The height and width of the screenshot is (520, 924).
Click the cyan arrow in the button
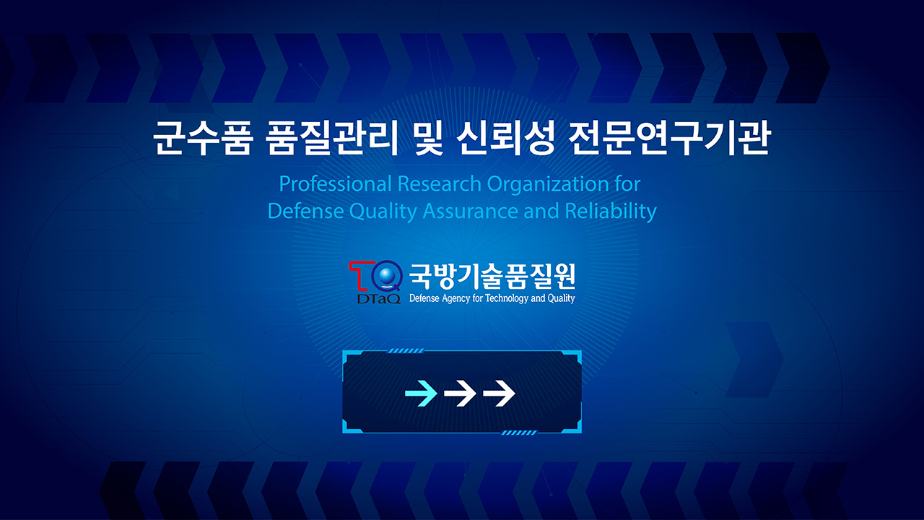pyautogui.click(x=421, y=394)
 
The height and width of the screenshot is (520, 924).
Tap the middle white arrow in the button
pyautogui.click(x=460, y=394)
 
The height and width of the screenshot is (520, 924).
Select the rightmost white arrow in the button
pyautogui.click(x=499, y=394)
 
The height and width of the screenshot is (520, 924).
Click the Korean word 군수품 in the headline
pyautogui.click(x=203, y=138)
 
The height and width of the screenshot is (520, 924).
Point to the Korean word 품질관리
pyautogui.click(x=331, y=138)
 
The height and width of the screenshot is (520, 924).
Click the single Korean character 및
pyautogui.click(x=428, y=138)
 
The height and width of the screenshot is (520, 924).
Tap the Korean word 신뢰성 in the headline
pyautogui.click(x=505, y=138)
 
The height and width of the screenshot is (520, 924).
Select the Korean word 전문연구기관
pyautogui.click(x=668, y=138)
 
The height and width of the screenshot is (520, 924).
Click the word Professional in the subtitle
pyautogui.click(x=336, y=183)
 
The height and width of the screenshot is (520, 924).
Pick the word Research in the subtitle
pyautogui.click(x=440, y=183)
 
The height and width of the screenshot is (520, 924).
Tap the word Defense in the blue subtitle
pyautogui.click(x=305, y=211)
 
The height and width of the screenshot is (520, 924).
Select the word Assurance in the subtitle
pyautogui.click(x=470, y=211)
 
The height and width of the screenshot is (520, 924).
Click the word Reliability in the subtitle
pyautogui.click(x=611, y=212)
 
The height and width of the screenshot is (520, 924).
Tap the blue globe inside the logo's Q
pyautogui.click(x=386, y=275)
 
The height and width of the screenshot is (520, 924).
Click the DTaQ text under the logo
pyautogui.click(x=379, y=298)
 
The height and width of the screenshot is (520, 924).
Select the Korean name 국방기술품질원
pyautogui.click(x=492, y=277)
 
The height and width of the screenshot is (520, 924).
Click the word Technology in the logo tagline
pyautogui.click(x=507, y=298)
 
